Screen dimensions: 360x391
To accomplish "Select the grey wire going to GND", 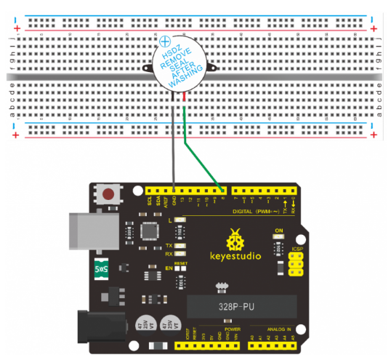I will tap(174, 145).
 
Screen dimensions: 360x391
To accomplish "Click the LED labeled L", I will tap(179, 220).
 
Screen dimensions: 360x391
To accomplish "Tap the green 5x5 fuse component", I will tap(102, 269).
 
